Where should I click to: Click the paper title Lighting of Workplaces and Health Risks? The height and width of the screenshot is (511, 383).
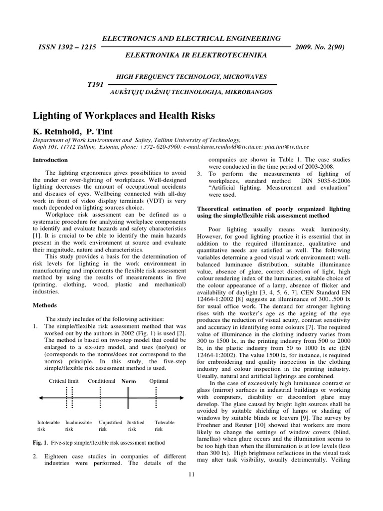(x=124, y=116)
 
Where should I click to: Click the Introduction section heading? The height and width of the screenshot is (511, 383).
(x=50, y=160)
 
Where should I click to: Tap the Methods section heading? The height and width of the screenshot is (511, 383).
(x=44, y=304)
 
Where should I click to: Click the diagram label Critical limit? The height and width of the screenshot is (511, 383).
(x=64, y=381)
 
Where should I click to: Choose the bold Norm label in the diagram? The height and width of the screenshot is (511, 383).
(x=128, y=381)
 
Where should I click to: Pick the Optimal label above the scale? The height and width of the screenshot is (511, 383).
(x=159, y=381)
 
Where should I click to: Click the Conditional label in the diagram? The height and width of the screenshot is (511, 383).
(x=101, y=381)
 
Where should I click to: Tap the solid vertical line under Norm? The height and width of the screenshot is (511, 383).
(x=128, y=398)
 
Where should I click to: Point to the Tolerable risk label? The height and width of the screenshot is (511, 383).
(x=164, y=425)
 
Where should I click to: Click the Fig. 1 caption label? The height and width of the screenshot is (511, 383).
(x=40, y=443)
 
